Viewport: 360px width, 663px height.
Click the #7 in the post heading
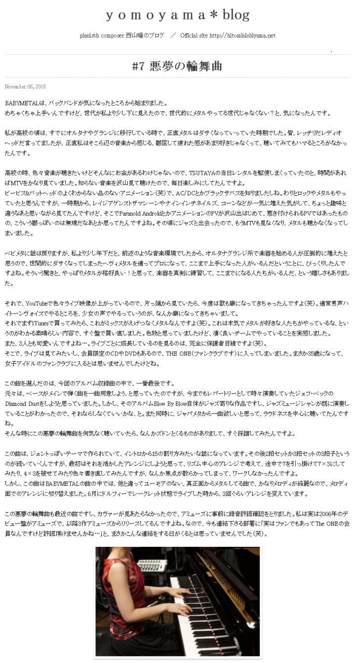[140, 66]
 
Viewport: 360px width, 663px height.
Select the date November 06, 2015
[25, 87]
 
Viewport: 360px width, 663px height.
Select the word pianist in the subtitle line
[89, 36]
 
